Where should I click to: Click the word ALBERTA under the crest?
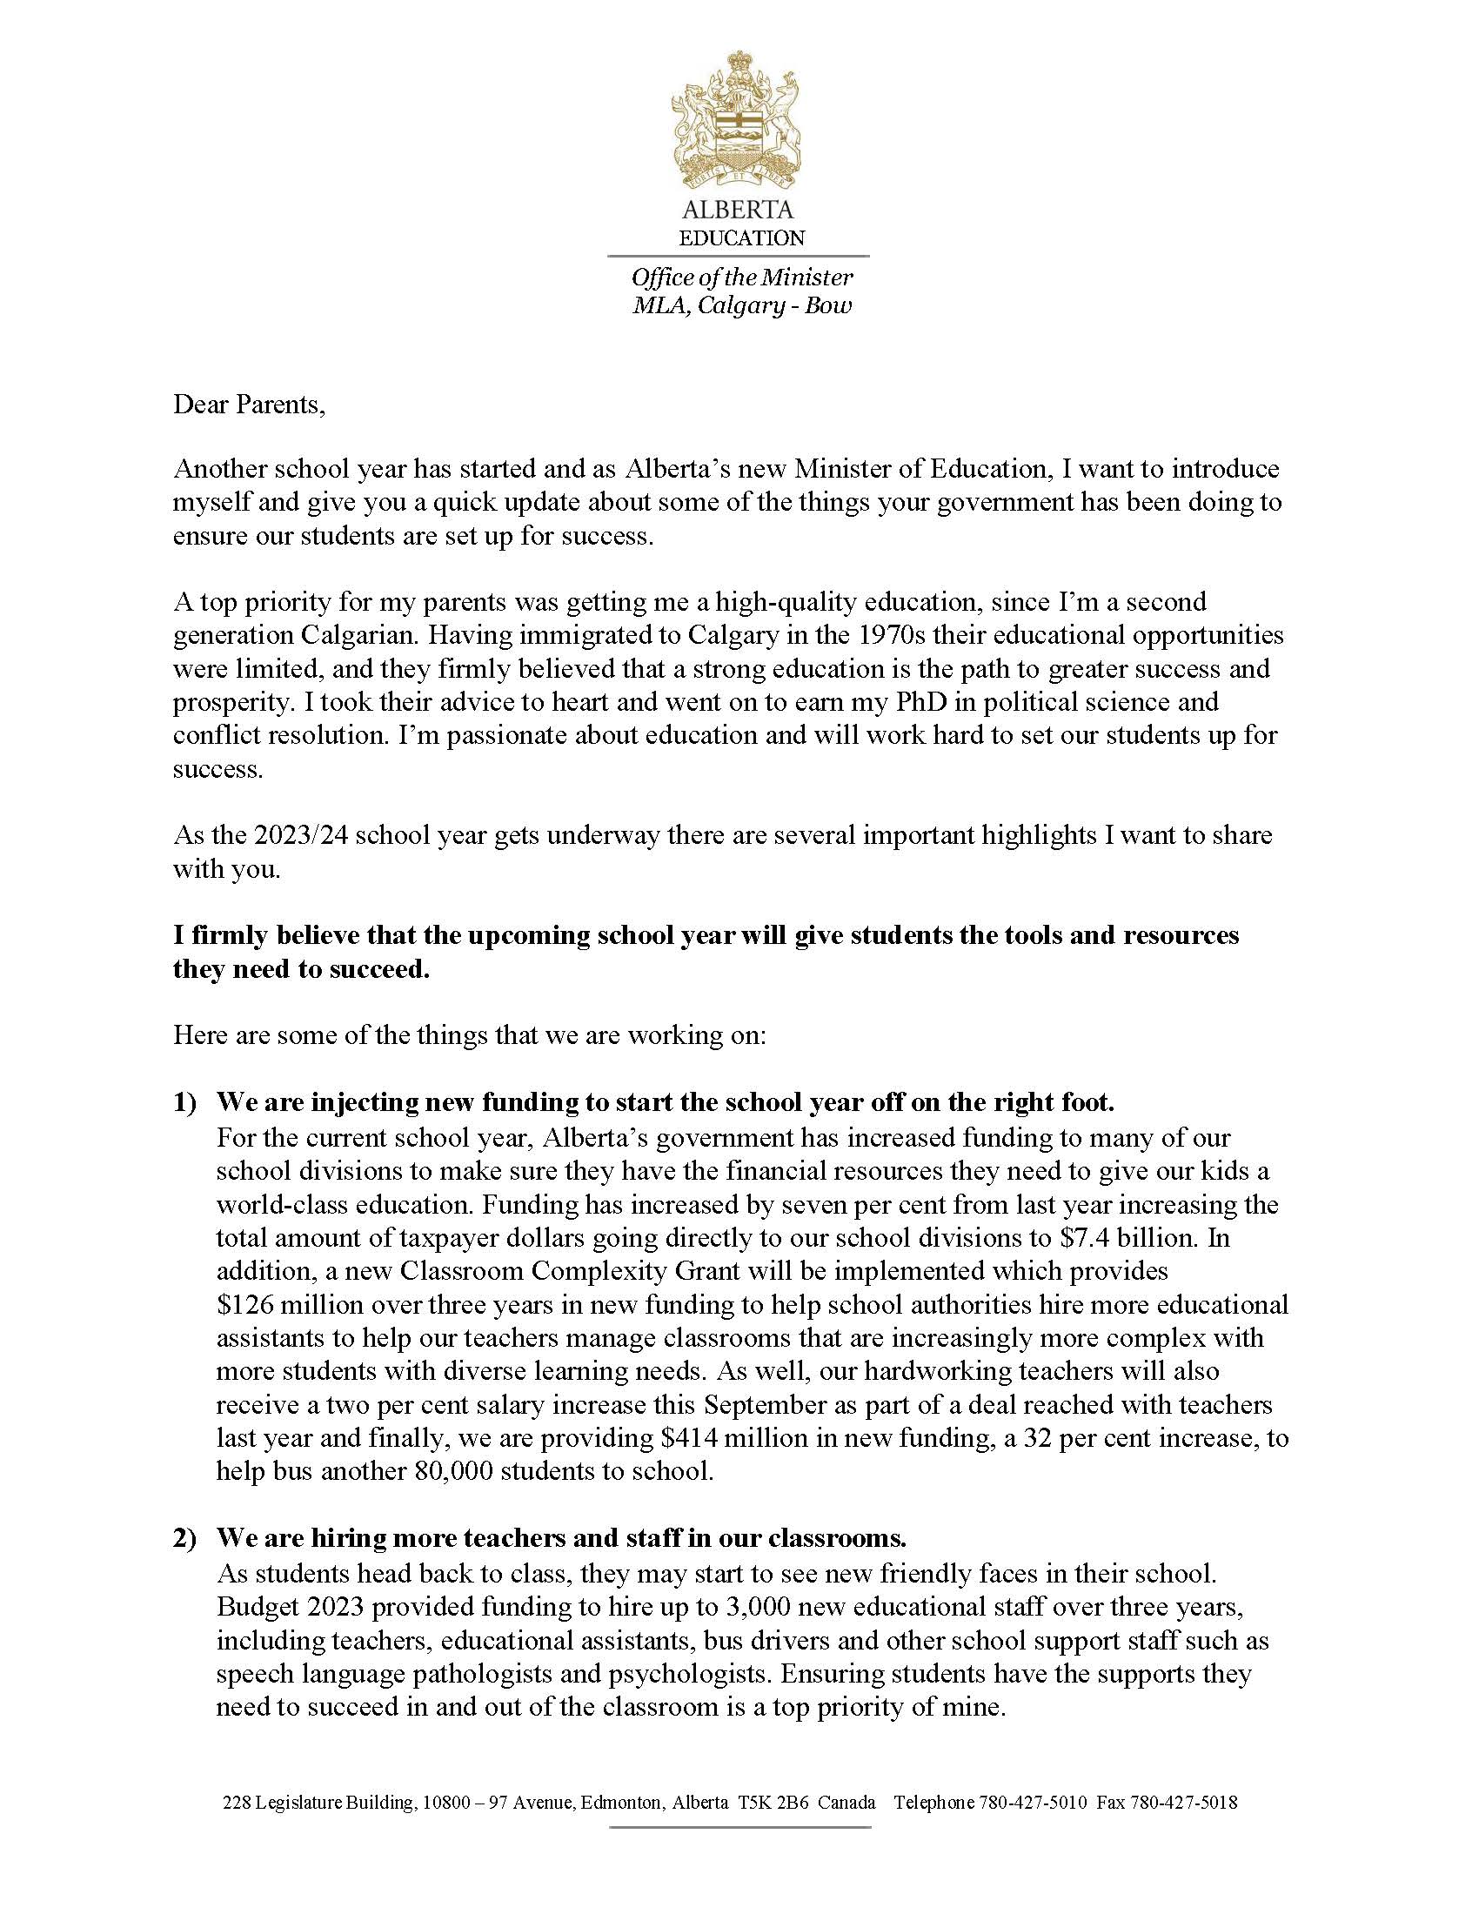(x=737, y=211)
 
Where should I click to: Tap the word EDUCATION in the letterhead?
(x=741, y=238)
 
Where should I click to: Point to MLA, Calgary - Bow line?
(x=741, y=305)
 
